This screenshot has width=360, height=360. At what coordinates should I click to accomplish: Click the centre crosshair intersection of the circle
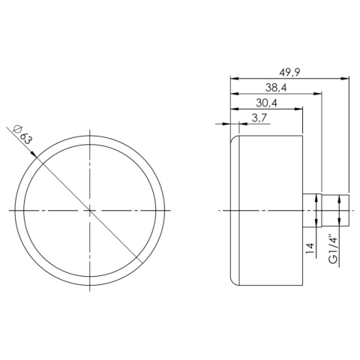pyautogui.click(x=91, y=211)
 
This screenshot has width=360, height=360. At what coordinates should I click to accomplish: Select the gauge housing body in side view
pyautogui.click(x=266, y=211)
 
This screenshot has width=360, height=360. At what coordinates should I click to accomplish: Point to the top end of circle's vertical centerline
pyautogui.click(x=91, y=131)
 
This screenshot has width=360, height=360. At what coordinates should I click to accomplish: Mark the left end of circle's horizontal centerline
pyautogui.click(x=11, y=211)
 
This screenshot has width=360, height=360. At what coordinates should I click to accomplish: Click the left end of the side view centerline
pyautogui.click(x=218, y=211)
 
